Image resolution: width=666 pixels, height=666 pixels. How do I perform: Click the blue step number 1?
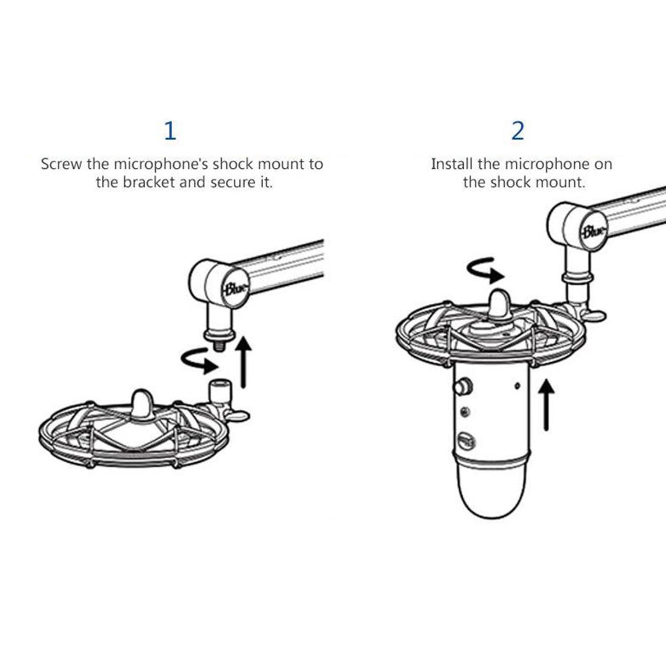click(170, 131)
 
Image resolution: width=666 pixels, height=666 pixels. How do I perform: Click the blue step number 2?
click(518, 131)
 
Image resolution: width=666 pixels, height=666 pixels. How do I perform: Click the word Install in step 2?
click(452, 164)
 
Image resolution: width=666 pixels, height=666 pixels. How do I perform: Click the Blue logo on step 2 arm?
click(594, 231)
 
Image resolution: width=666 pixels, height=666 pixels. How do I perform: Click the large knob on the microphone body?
click(461, 386)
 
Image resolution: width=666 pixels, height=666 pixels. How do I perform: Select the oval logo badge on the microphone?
click(467, 442)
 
